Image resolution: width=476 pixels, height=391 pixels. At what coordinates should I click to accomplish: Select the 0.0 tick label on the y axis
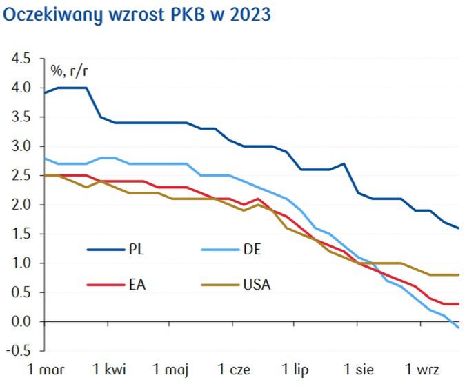pyautogui.click(x=21, y=322)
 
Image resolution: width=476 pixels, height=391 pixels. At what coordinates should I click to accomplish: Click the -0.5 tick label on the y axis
pyautogui.click(x=19, y=351)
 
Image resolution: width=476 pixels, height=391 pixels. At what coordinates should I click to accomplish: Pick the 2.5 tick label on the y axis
pyautogui.click(x=21, y=176)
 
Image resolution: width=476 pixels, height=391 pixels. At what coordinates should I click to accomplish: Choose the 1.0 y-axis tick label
pyautogui.click(x=21, y=263)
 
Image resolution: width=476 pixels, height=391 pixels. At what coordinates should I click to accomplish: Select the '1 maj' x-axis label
pyautogui.click(x=171, y=371)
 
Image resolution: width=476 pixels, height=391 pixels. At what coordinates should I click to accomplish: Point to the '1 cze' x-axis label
pyautogui.click(x=235, y=371)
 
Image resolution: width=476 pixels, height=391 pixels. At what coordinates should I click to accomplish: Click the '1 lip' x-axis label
pyautogui.click(x=297, y=371)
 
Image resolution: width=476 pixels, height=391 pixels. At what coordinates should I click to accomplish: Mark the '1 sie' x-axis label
pyautogui.click(x=359, y=371)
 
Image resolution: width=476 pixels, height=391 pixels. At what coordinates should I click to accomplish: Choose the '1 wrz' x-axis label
pyautogui.click(x=422, y=371)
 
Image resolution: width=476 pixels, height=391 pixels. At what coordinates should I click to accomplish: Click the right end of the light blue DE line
pyautogui.click(x=459, y=328)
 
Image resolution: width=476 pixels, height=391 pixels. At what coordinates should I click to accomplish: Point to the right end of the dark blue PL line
pyautogui.click(x=459, y=228)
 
